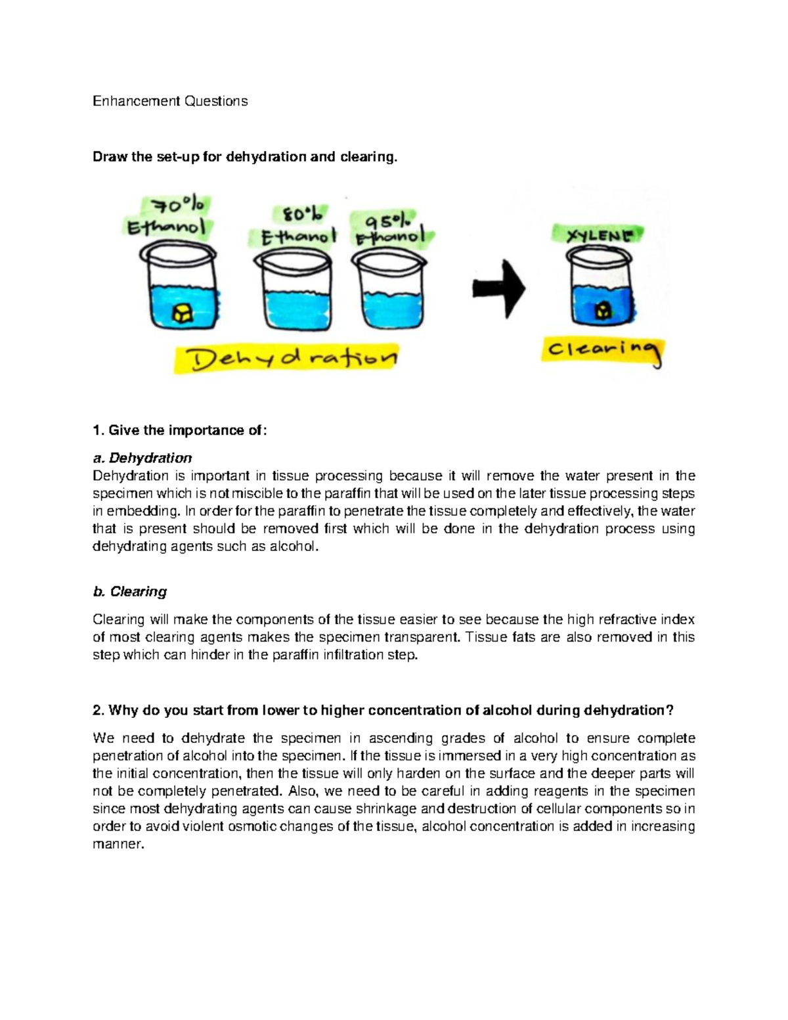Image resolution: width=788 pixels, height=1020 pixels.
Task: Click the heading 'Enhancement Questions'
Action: click(170, 101)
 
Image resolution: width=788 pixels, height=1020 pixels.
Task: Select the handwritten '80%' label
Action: click(303, 214)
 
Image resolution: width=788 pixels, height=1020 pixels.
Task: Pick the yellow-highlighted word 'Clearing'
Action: click(603, 351)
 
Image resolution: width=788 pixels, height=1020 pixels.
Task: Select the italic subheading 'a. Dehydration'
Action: click(142, 458)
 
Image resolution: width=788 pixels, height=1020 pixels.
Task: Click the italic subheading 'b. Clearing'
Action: click(130, 592)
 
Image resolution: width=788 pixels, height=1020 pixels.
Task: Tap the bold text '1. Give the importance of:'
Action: click(180, 430)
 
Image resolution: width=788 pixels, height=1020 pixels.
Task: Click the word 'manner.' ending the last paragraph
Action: click(118, 845)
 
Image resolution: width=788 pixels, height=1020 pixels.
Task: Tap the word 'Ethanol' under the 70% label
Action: click(166, 229)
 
